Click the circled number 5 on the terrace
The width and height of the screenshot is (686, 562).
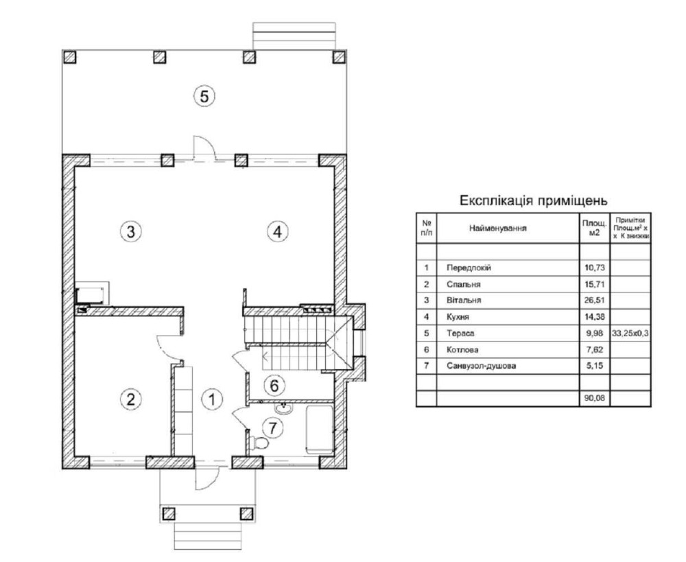click(204, 96)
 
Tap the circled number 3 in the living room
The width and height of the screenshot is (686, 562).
click(131, 231)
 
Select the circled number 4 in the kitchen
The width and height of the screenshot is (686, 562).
click(277, 231)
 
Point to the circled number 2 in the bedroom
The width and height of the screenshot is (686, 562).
click(130, 399)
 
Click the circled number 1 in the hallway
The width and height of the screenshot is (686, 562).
click(212, 399)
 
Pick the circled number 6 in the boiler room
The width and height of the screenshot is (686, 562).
click(274, 386)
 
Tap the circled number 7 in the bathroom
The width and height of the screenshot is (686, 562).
click(273, 428)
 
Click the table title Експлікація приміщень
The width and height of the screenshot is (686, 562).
click(533, 201)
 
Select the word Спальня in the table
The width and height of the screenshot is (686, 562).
click(463, 284)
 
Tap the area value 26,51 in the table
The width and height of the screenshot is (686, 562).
click(594, 301)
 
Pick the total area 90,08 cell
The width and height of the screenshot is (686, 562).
click(594, 398)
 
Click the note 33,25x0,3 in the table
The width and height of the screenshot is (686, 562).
click(630, 333)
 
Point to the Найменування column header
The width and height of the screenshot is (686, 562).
click(498, 228)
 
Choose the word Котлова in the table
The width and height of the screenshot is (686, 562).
click(462, 350)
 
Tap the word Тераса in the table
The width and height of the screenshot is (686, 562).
click(460, 333)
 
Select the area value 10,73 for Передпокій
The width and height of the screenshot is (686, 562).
click(594, 268)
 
